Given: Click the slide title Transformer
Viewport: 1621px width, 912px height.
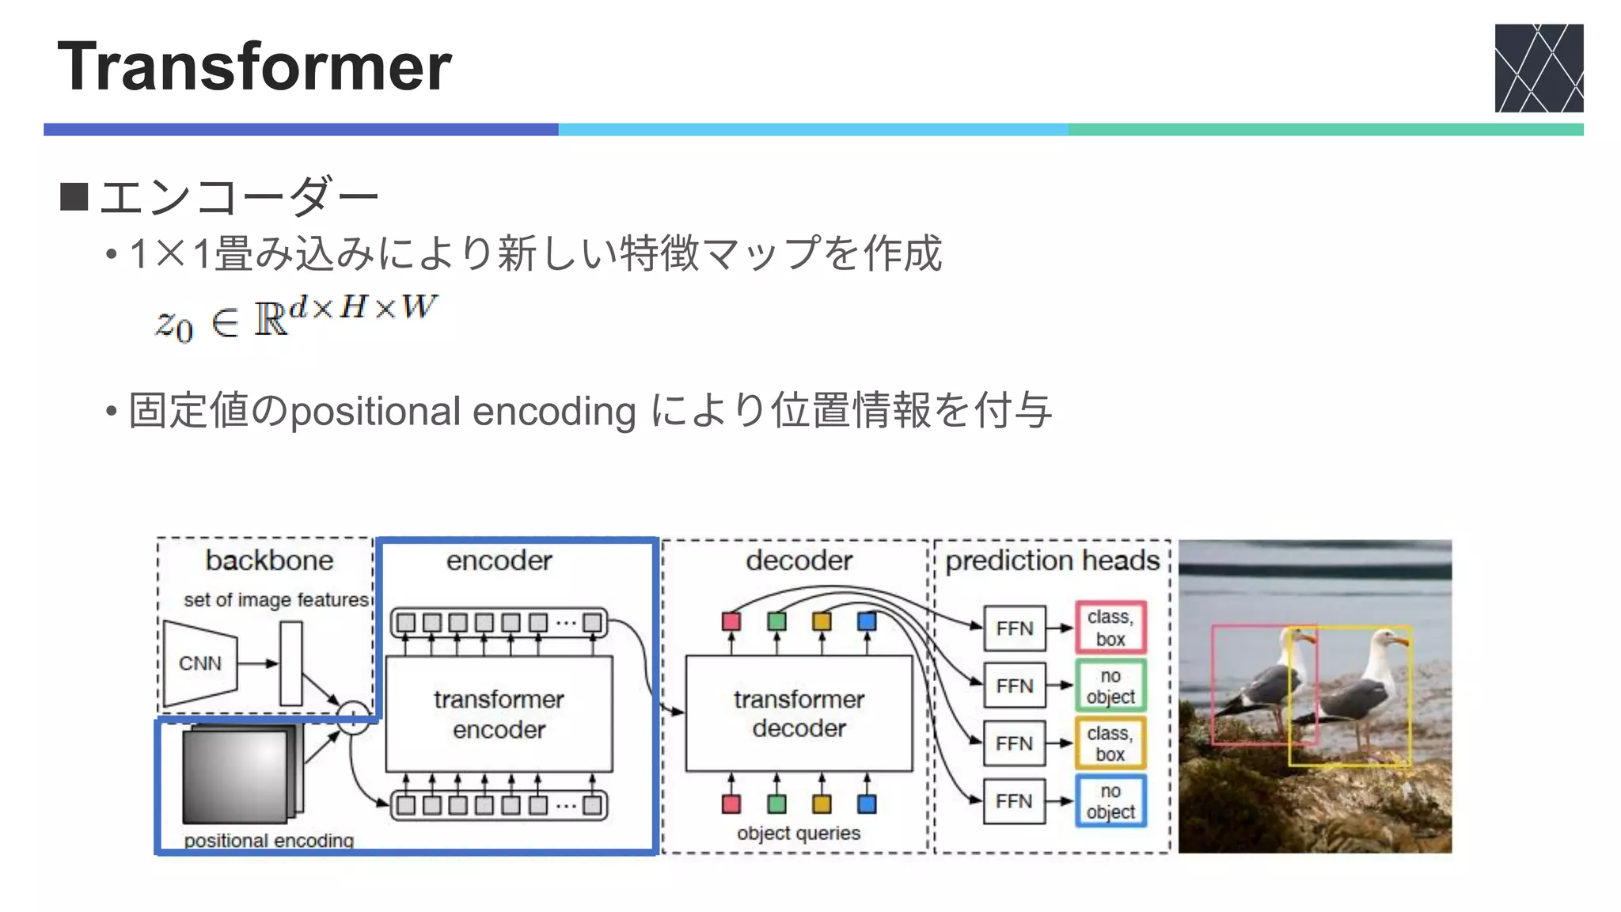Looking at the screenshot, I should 254,66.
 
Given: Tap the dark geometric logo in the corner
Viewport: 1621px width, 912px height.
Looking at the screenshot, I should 1538,68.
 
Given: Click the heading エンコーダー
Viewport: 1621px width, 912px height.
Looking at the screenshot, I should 238,196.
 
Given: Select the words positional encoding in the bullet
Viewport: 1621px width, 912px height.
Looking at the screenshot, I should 463,412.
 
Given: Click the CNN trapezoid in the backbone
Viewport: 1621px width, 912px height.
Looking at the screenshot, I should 200,663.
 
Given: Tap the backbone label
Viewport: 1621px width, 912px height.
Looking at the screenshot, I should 269,560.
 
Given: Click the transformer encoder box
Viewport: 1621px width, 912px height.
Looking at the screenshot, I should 499,713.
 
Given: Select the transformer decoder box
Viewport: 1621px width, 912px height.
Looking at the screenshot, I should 799,713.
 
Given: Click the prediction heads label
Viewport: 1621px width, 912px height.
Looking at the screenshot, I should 1052,560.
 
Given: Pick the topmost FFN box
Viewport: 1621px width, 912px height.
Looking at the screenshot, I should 1014,629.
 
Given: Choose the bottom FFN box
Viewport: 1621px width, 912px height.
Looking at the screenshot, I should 1014,801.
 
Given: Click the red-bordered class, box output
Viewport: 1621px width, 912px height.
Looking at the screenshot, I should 1110,628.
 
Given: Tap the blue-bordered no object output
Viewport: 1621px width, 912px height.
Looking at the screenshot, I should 1110,801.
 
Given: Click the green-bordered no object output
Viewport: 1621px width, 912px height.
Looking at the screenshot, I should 1110,686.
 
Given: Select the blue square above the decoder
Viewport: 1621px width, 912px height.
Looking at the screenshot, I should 867,621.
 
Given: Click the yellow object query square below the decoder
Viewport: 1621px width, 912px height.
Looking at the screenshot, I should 822,804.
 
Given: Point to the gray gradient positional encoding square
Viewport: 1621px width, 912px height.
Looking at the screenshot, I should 236,777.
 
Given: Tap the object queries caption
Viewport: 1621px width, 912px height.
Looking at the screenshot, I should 798,833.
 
